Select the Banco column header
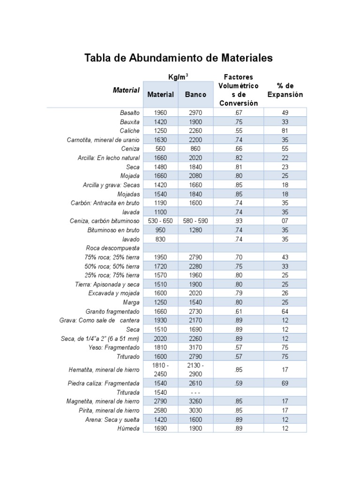tap(195, 94)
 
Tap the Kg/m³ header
tap(178, 77)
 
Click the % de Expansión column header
tap(285, 90)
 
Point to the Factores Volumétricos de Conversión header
tap(238, 90)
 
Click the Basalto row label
tap(130, 113)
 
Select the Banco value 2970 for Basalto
tap(195, 113)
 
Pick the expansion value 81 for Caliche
tap(285, 131)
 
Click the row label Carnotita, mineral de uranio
tap(103, 140)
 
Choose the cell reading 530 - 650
tap(160, 221)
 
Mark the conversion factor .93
tap(238, 221)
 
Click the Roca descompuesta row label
tap(112, 248)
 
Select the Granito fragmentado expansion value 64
tap(285, 311)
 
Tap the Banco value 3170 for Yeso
tap(195, 347)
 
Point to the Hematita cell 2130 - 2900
tap(195, 369)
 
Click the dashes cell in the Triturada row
tap(195, 392)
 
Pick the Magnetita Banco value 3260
tap(195, 401)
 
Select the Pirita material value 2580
tap(160, 411)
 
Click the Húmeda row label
tap(128, 428)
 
